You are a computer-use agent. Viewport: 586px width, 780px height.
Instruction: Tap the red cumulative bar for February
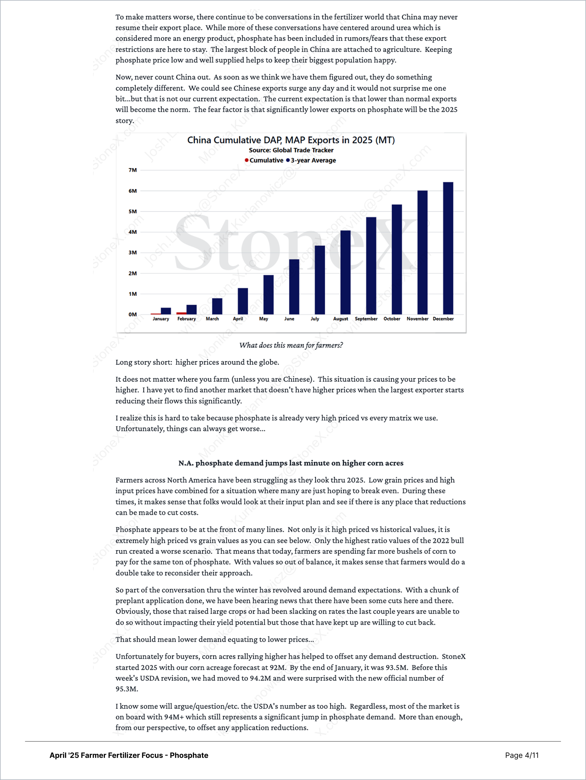pyautogui.click(x=182, y=313)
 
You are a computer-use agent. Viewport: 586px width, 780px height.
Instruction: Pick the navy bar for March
pyautogui.click(x=217, y=306)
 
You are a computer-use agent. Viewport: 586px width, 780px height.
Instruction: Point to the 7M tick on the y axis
pyautogui.click(x=132, y=170)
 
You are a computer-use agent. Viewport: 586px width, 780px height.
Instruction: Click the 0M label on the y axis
pyautogui.click(x=132, y=315)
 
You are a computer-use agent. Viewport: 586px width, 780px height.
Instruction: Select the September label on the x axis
pyautogui.click(x=366, y=319)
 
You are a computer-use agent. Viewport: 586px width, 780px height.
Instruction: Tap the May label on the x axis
pyautogui.click(x=264, y=319)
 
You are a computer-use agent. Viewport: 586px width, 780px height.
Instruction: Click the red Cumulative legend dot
pyautogui.click(x=247, y=160)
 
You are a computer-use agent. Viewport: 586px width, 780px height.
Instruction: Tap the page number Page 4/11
pyautogui.click(x=522, y=755)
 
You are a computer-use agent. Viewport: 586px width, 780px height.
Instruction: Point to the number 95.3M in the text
pyautogui.click(x=126, y=689)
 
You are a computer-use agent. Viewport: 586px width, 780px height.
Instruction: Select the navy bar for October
pyautogui.click(x=397, y=260)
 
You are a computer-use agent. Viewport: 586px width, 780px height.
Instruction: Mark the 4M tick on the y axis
pyautogui.click(x=132, y=232)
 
